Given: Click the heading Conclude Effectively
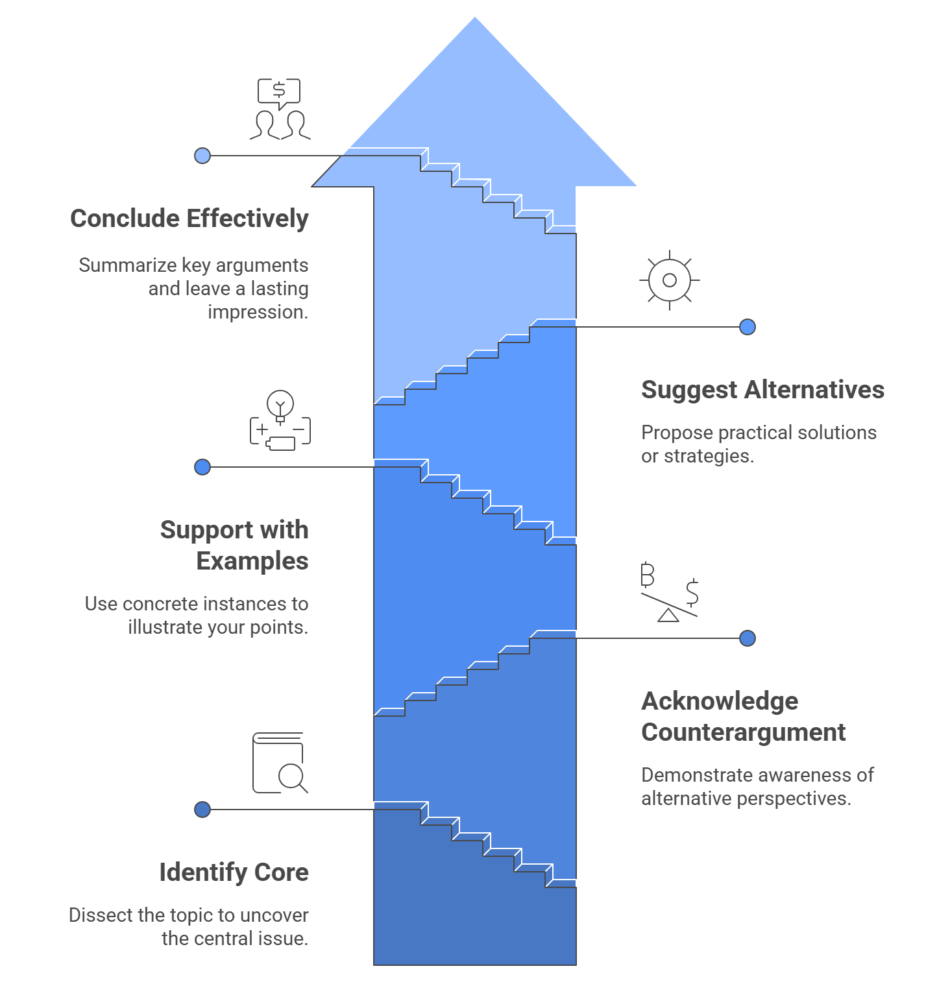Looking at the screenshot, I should (189, 219).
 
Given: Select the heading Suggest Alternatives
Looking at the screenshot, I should (762, 390).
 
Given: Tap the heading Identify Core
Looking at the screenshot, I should (234, 872).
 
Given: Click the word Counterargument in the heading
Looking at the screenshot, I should (743, 732).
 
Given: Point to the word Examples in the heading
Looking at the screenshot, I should (252, 561).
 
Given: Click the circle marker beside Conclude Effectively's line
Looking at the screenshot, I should (202, 156).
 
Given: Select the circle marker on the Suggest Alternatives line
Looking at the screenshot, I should (748, 327).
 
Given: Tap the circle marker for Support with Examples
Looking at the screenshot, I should (202, 467).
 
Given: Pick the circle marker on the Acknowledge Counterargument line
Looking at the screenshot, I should (748, 638).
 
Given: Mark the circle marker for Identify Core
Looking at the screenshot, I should (202, 810).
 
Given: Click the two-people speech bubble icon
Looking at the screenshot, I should (280, 109).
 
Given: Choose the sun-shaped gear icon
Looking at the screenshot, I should (670, 280).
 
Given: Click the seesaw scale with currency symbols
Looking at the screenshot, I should (669, 592).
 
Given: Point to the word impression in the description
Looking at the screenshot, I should (257, 312).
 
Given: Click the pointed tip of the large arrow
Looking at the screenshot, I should (475, 19).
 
